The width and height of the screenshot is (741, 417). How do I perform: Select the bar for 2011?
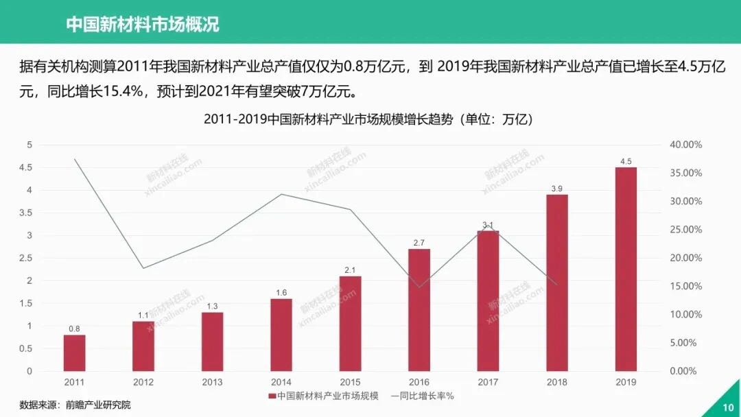(74, 353)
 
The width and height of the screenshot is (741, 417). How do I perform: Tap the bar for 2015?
(350, 323)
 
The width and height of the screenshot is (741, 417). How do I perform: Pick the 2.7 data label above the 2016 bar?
(419, 243)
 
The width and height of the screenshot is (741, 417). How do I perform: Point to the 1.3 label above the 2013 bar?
(212, 307)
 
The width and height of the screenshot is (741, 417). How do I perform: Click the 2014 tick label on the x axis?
(281, 382)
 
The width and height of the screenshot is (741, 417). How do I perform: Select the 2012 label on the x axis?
(143, 382)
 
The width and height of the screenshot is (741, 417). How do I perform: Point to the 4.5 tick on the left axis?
(25, 167)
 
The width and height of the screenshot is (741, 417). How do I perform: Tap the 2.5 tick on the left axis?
(25, 258)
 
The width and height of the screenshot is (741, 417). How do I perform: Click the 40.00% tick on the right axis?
(685, 145)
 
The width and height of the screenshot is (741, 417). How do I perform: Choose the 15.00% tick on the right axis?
(685, 286)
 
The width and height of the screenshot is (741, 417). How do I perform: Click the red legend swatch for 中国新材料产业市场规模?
(272, 396)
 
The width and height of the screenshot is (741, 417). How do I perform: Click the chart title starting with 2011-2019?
(368, 119)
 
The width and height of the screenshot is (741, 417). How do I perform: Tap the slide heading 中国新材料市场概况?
(142, 25)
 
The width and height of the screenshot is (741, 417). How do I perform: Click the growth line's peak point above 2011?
(74, 159)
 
